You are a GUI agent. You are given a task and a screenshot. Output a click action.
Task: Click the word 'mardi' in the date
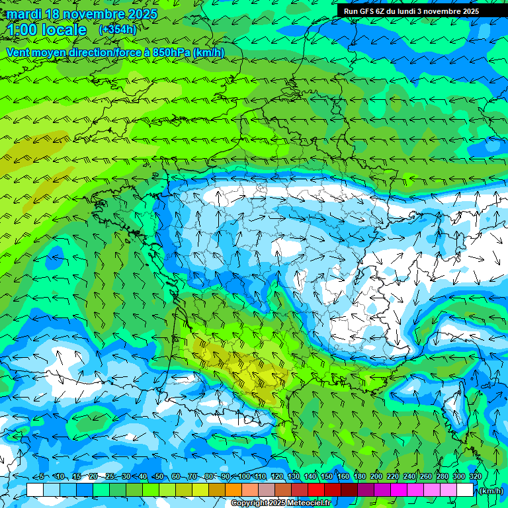23,14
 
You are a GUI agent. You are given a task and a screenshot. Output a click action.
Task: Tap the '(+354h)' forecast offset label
118,30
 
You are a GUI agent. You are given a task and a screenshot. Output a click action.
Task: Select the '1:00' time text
22,30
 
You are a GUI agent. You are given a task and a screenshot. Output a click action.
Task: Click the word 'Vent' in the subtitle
19,52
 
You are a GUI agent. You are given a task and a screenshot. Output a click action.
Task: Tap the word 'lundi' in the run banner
413,11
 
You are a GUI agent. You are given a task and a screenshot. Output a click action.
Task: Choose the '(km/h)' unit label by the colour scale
490,491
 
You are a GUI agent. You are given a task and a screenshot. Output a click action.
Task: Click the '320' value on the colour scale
475,476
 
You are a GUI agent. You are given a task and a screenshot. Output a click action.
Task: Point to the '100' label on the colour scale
244,476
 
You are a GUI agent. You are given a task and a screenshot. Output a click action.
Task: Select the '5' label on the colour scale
41,476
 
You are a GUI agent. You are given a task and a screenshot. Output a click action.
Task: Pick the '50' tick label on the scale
159,476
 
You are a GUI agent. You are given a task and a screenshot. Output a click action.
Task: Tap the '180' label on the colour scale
359,476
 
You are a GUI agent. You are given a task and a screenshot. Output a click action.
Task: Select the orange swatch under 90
233,490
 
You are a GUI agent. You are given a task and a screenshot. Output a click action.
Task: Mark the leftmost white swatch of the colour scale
35,490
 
